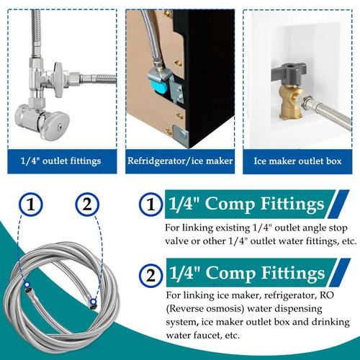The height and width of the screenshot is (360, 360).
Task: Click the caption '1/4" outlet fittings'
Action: point(60,160)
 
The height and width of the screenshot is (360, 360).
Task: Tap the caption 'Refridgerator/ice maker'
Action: point(180,160)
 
